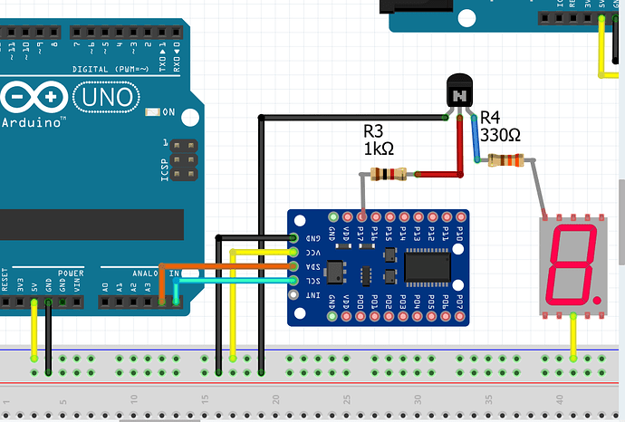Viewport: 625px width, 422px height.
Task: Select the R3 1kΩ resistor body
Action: click(x=390, y=174)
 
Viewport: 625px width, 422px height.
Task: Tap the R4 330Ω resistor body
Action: click(x=505, y=161)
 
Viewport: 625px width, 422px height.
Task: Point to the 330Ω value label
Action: click(x=500, y=135)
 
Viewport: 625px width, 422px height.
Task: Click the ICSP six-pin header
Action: click(x=186, y=159)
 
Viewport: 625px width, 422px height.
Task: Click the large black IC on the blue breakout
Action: click(x=428, y=266)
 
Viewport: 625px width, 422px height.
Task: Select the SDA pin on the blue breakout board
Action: click(x=293, y=266)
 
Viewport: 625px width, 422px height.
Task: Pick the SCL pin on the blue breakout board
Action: click(x=293, y=281)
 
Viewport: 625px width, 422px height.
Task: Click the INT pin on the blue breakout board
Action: click(x=293, y=295)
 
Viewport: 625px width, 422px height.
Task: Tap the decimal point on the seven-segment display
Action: click(x=601, y=298)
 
